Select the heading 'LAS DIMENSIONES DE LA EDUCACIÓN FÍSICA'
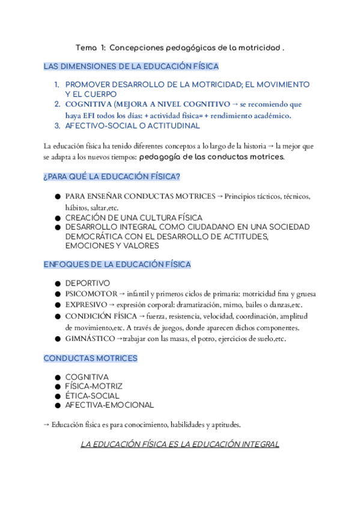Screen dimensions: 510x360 pyautogui.click(x=131, y=66)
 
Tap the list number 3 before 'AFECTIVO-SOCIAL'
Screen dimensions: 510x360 pyautogui.click(x=57, y=126)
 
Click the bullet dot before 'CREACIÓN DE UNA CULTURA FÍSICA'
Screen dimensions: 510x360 pyautogui.click(x=57, y=218)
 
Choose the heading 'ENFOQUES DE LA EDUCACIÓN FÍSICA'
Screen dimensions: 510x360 pyautogui.click(x=117, y=264)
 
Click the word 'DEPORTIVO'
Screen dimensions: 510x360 pyautogui.click(x=88, y=283)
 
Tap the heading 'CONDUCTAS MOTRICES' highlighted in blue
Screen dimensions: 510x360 pyautogui.click(x=90, y=358)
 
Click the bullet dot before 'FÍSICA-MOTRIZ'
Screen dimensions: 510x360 pyautogui.click(x=57, y=386)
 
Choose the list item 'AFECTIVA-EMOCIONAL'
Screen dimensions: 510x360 pyautogui.click(x=109, y=405)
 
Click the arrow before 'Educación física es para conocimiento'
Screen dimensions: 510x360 pyautogui.click(x=47, y=425)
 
